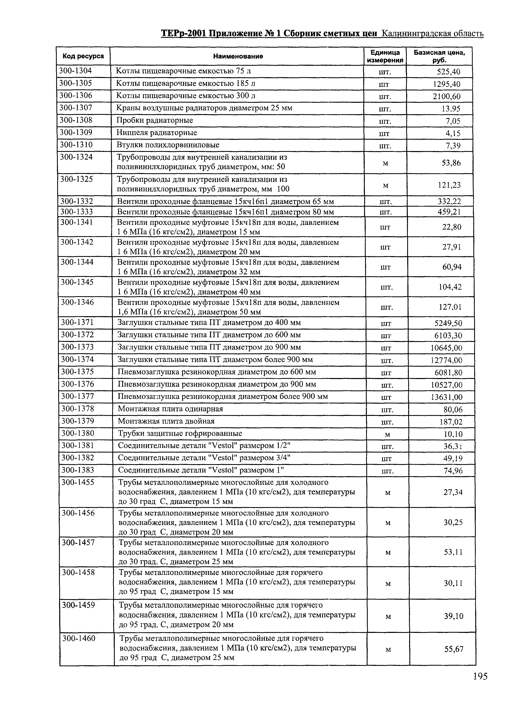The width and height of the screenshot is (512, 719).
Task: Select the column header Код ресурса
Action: point(83,56)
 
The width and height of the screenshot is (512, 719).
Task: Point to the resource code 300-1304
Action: point(76,71)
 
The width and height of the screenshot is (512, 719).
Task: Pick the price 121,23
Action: point(449,185)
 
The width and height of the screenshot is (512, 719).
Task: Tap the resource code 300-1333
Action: point(77,212)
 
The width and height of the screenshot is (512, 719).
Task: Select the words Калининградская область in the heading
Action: point(432,33)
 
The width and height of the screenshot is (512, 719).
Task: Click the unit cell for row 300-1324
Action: point(385,163)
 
